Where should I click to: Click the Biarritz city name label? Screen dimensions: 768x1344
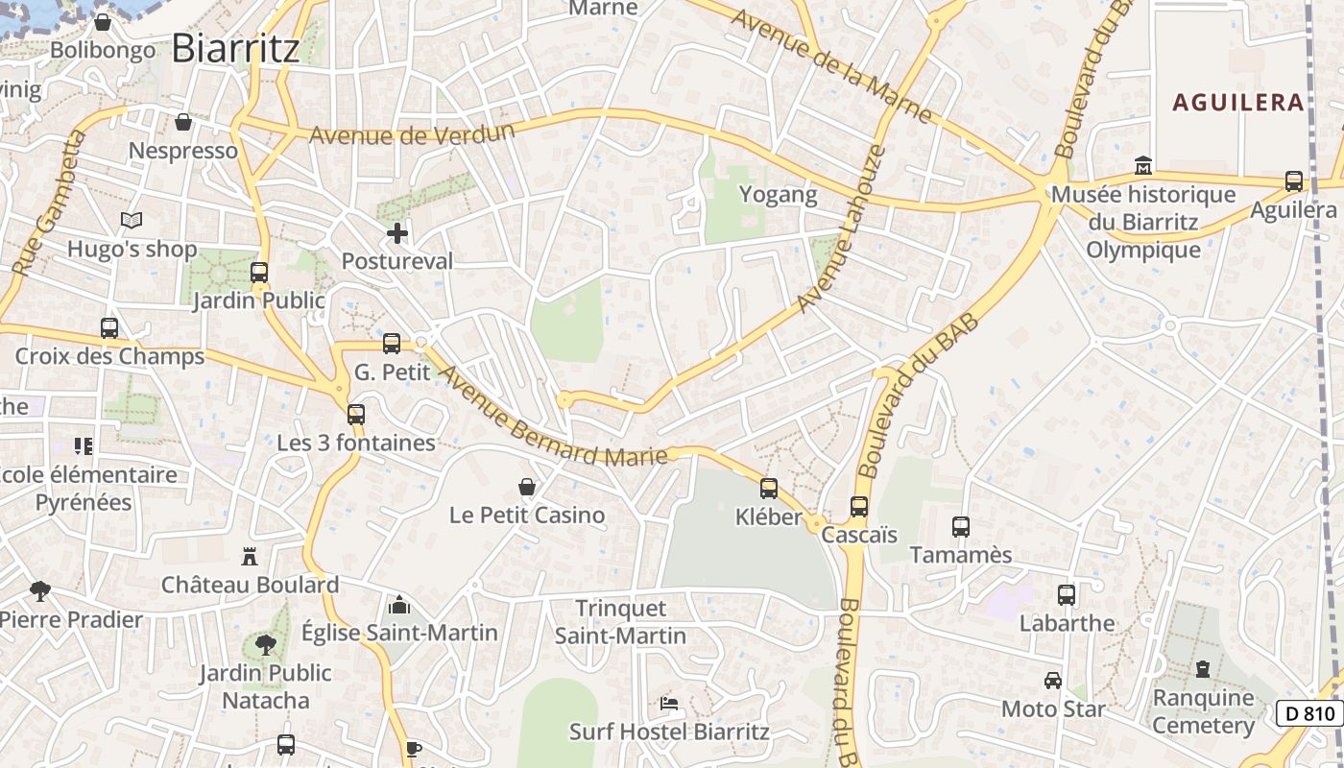(x=235, y=48)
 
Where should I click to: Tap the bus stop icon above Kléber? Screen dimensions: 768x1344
(x=769, y=489)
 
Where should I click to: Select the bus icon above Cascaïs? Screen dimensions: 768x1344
(x=859, y=506)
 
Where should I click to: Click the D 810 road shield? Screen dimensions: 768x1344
(x=1309, y=713)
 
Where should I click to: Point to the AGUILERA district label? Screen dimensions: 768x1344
(x=1238, y=103)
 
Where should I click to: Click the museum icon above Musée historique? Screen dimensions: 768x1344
(x=1142, y=165)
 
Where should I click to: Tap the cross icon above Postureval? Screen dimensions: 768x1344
(x=397, y=233)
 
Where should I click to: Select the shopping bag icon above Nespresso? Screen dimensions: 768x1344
(x=183, y=122)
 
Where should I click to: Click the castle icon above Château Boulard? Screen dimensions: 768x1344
(x=250, y=556)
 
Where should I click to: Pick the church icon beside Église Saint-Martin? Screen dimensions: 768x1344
(x=398, y=605)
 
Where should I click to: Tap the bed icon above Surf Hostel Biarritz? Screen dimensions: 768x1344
(x=669, y=704)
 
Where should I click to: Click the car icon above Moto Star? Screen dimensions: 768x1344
(x=1053, y=681)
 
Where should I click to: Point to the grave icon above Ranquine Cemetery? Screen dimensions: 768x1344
(x=1203, y=669)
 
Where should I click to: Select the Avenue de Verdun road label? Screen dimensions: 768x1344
(x=412, y=133)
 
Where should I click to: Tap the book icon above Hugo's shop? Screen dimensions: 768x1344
(x=132, y=221)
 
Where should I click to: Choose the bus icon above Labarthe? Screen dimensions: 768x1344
(x=1067, y=594)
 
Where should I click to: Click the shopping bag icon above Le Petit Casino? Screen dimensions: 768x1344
(x=527, y=487)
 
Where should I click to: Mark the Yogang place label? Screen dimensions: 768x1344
(x=778, y=195)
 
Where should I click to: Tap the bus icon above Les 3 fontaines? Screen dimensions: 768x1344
(x=356, y=415)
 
